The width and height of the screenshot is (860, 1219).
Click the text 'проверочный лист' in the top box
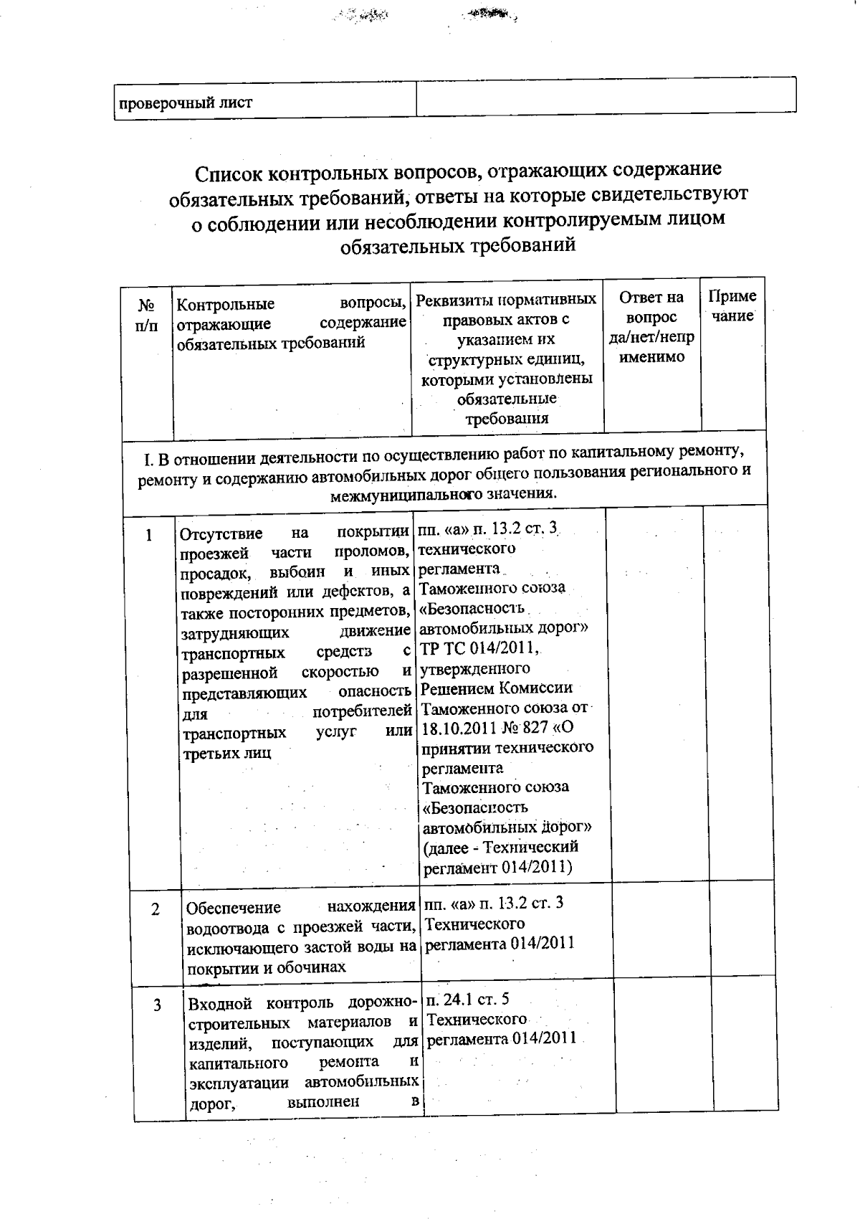coord(185,103)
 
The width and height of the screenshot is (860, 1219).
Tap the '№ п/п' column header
coord(147,316)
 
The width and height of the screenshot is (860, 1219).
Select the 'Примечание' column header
coord(732,306)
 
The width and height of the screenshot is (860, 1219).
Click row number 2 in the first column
coord(156,909)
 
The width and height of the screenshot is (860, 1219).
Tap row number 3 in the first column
coord(157,1005)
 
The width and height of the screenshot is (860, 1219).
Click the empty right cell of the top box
coord(606,96)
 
